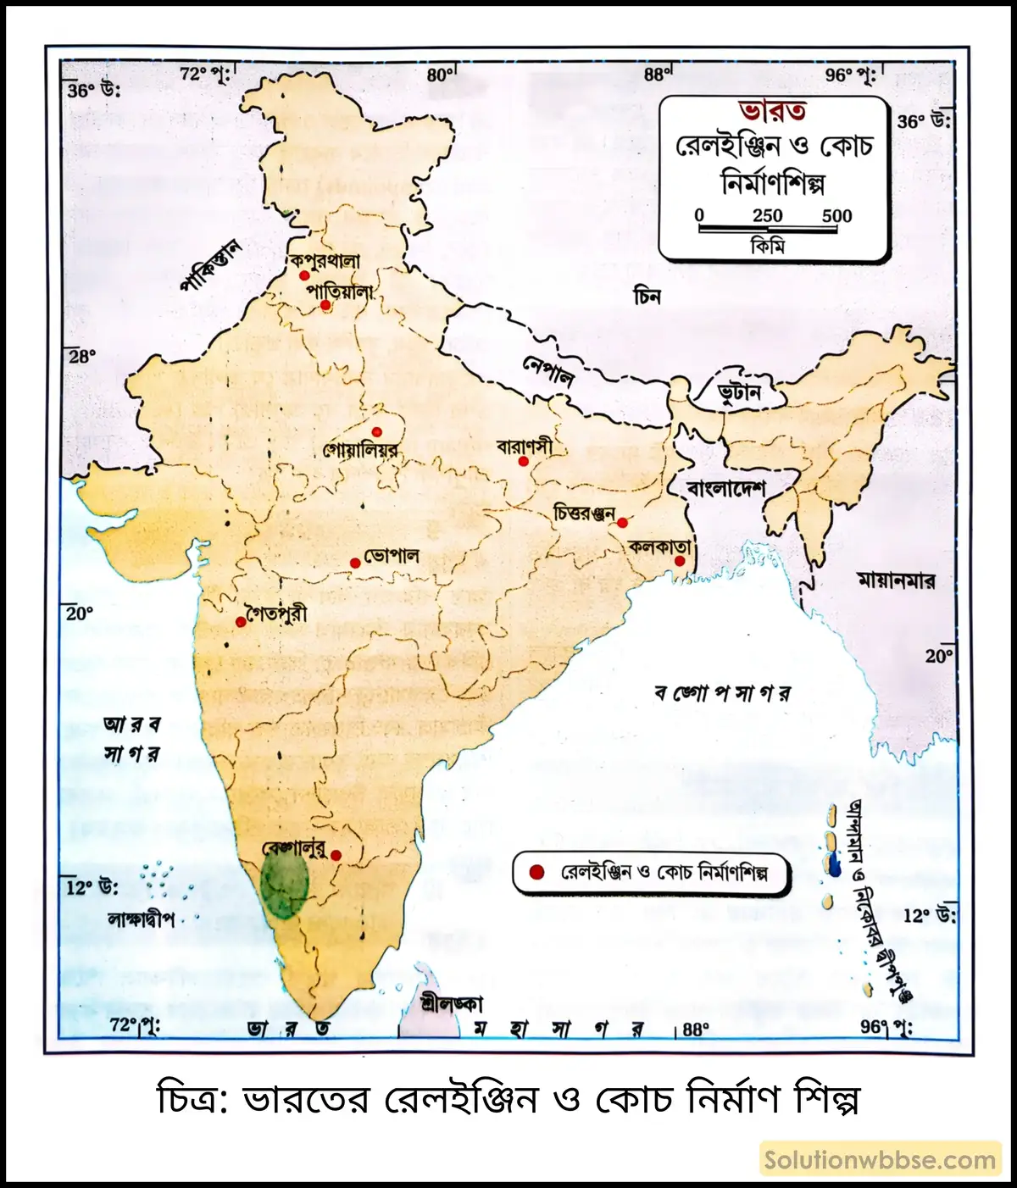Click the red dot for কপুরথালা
coord(304,276)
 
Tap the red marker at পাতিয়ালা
coord(325,305)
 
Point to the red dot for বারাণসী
coord(524,462)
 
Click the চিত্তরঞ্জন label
coord(583,514)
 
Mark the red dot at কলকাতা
coord(680,561)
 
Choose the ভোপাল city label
coord(392,557)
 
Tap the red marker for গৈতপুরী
coord(241,622)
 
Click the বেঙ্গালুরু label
coord(294,848)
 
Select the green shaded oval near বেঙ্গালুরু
coord(283,885)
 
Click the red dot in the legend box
coord(536,873)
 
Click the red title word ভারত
coord(772,111)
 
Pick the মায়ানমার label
coord(896,581)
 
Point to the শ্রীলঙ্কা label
coord(452,1004)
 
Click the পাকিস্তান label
coord(211,266)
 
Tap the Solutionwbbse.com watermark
coord(880,1160)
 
